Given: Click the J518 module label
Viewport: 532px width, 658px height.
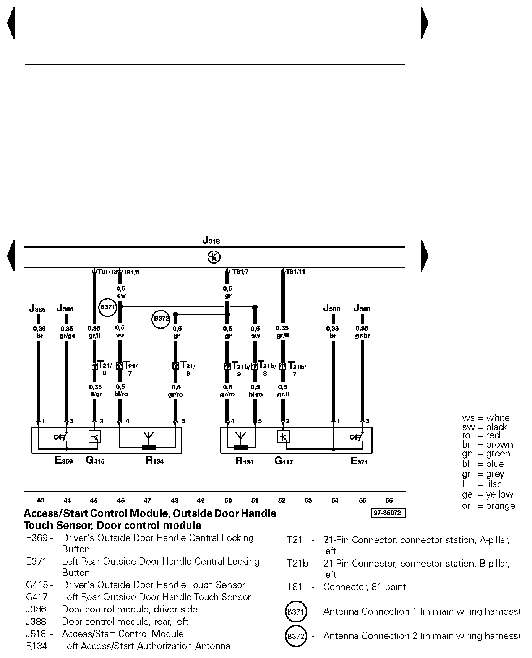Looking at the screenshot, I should click(x=211, y=241).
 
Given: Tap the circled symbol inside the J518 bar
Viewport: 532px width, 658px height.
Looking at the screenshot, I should click(x=214, y=257).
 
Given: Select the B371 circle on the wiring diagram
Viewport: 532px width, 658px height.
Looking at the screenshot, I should click(x=107, y=307).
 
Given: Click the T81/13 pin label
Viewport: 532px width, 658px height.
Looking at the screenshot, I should click(x=107, y=272).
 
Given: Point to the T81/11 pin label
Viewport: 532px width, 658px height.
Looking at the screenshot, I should click(x=295, y=272).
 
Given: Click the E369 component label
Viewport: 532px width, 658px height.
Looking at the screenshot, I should click(x=64, y=461).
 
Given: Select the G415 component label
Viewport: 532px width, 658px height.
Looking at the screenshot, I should click(x=95, y=461).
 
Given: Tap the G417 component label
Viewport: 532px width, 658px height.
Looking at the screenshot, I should click(x=284, y=461).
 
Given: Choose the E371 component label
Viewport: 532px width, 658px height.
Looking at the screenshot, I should click(x=359, y=461).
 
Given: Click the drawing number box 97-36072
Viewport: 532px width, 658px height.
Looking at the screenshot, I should click(x=388, y=513).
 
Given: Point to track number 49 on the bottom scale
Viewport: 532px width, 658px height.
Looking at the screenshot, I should click(x=201, y=500).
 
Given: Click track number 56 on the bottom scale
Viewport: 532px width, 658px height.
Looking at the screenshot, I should click(x=389, y=500).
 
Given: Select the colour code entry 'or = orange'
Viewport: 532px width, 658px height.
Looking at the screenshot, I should click(x=488, y=506).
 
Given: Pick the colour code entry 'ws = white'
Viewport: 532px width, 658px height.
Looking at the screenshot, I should click(x=486, y=418).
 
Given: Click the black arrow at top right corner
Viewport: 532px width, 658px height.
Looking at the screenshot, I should click(x=424, y=23).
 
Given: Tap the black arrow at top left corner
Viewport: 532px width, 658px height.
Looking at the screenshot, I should click(x=11, y=23).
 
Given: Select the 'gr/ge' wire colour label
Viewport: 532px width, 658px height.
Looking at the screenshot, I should click(x=67, y=336).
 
